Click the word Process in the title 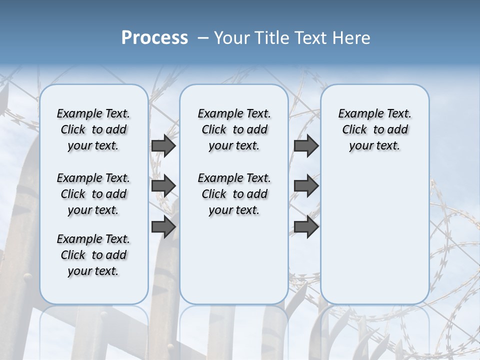point(154,37)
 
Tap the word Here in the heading point(352,37)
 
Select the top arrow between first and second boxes point(163,145)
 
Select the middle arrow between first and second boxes point(163,186)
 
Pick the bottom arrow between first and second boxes point(163,227)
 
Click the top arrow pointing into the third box point(306,145)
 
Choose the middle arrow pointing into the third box point(306,186)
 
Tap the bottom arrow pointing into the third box point(306,227)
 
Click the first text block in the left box point(93,129)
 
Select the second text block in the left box point(93,194)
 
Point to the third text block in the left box point(93,255)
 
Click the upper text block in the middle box point(234,129)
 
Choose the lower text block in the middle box point(234,194)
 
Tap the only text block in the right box point(374,129)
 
